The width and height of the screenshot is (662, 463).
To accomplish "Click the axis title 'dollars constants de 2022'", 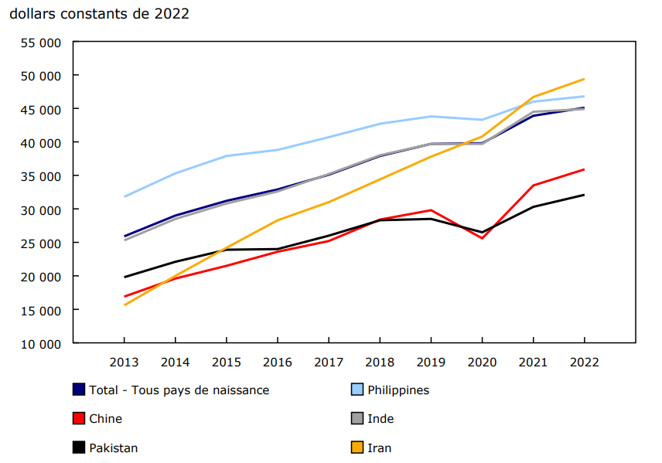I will click(99, 14).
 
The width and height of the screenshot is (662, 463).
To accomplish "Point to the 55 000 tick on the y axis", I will click(39, 43).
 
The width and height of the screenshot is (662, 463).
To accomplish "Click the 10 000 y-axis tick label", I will click(39, 343).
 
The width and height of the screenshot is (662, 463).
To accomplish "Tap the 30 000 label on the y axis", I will click(39, 209).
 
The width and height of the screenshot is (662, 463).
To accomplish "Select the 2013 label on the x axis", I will click(124, 361).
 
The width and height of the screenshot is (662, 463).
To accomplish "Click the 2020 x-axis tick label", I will click(482, 361).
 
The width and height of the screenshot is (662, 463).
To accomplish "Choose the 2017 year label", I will click(329, 361).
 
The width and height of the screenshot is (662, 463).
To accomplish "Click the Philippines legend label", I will click(398, 390).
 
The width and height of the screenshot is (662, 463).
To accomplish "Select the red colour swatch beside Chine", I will click(78, 419).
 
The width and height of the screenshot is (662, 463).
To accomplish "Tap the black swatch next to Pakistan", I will click(78, 448).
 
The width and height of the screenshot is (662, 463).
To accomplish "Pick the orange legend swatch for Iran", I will click(357, 448).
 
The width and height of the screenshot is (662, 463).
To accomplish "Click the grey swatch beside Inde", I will click(357, 419).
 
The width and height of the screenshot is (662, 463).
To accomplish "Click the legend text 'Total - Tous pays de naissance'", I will click(179, 390).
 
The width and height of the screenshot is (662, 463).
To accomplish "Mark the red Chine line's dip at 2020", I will click(482, 238).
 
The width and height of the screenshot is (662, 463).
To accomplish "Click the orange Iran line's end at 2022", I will click(584, 79).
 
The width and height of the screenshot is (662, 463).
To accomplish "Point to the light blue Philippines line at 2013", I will click(124, 196).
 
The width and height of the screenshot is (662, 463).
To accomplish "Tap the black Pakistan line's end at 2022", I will click(584, 195).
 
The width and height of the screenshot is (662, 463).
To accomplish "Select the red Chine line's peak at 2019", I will click(431, 210).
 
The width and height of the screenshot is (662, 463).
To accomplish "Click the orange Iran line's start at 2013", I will click(124, 305).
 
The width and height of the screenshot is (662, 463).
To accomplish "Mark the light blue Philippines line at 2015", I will click(226, 156).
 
